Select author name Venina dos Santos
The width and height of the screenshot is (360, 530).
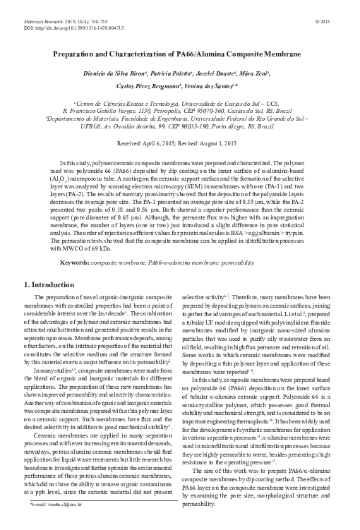pyautogui.click(x=210, y=83)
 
